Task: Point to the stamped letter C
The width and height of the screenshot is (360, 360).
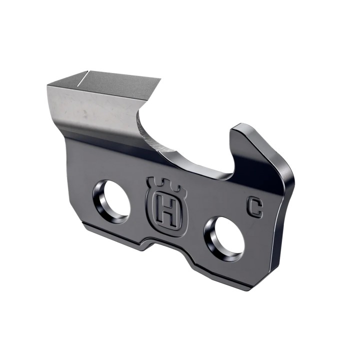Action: [255, 206]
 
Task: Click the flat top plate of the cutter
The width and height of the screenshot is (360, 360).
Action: [110, 82]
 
